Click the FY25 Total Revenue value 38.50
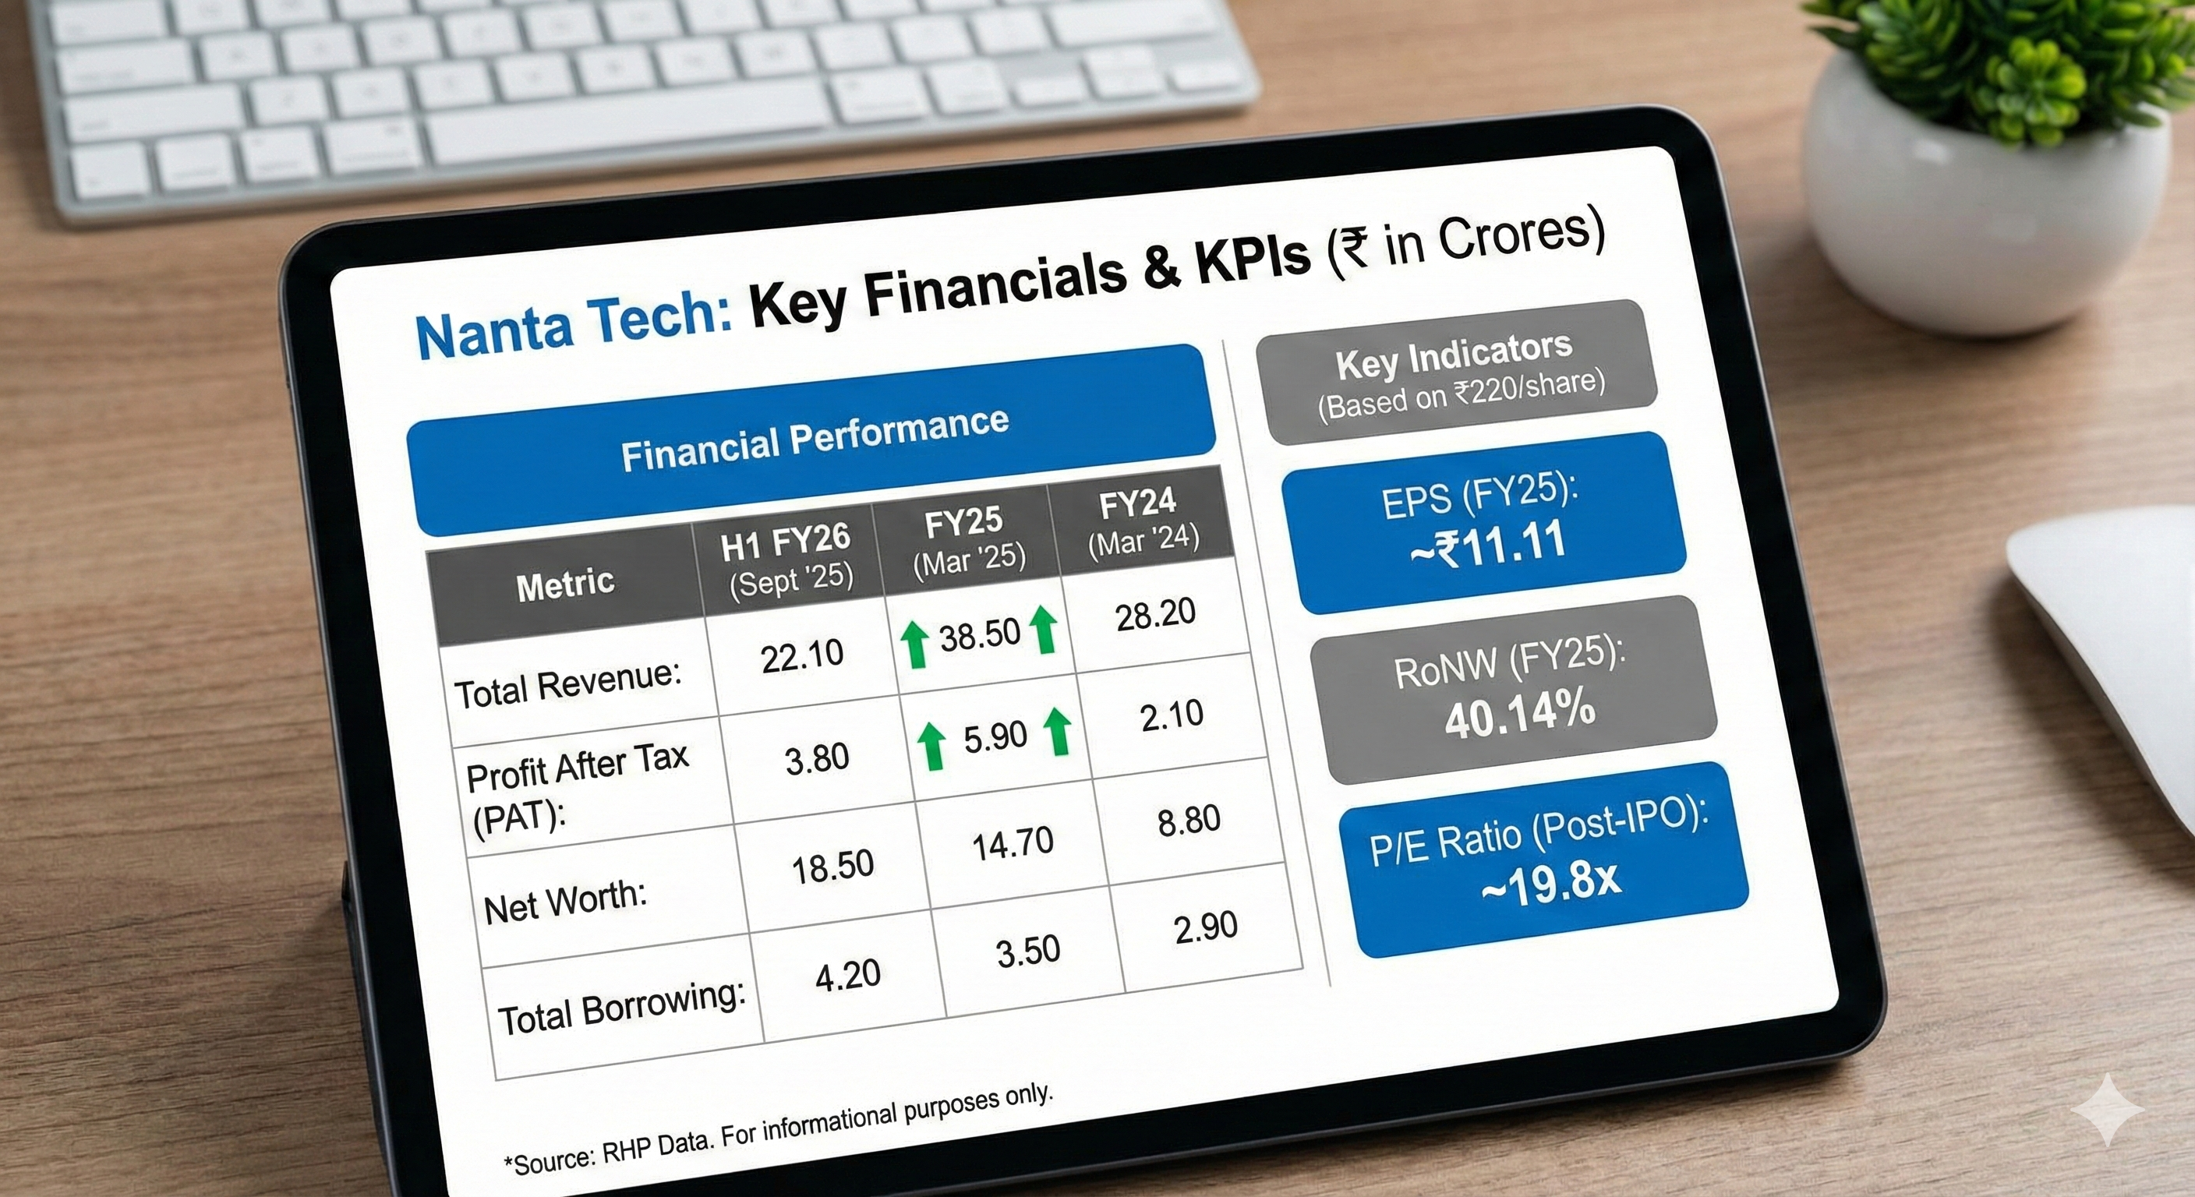[x=979, y=634]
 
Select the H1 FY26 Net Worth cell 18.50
[x=832, y=868]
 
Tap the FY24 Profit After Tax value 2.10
[x=1172, y=715]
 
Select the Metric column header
[x=565, y=584]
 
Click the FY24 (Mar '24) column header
[x=1140, y=521]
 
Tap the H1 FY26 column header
[x=787, y=559]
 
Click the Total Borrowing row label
[x=621, y=1008]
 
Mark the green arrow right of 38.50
[x=1044, y=630]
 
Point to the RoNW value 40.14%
[x=1519, y=712]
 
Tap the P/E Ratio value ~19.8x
[x=1551, y=881]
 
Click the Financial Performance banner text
[x=815, y=439]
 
